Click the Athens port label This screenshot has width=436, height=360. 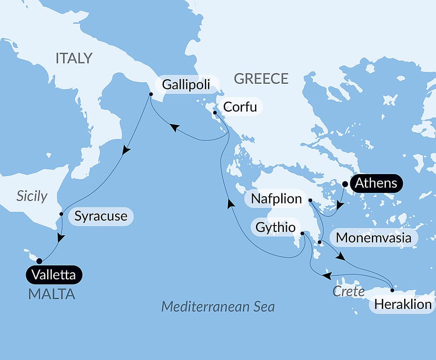coord(375,183)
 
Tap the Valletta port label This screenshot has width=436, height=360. coord(54,275)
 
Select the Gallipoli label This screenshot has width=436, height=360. coord(186,84)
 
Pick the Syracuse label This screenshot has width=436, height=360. coord(101,216)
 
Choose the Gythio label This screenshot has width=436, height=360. coord(275,227)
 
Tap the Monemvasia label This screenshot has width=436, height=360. coord(374,238)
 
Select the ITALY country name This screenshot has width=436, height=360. coord(74,58)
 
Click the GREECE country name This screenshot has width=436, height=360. coord(261,79)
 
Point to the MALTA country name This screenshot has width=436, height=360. coord(51,294)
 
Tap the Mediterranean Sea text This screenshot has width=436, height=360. coord(218,306)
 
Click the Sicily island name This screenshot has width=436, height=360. coord(31,196)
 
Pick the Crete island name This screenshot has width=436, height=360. coord(348,291)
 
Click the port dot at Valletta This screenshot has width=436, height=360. coord(39,261)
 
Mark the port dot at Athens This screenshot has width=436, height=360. coord(345,184)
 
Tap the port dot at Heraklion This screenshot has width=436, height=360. coord(392,290)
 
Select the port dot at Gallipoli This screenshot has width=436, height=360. coord(150,94)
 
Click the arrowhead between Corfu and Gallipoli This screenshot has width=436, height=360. coord(174,128)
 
